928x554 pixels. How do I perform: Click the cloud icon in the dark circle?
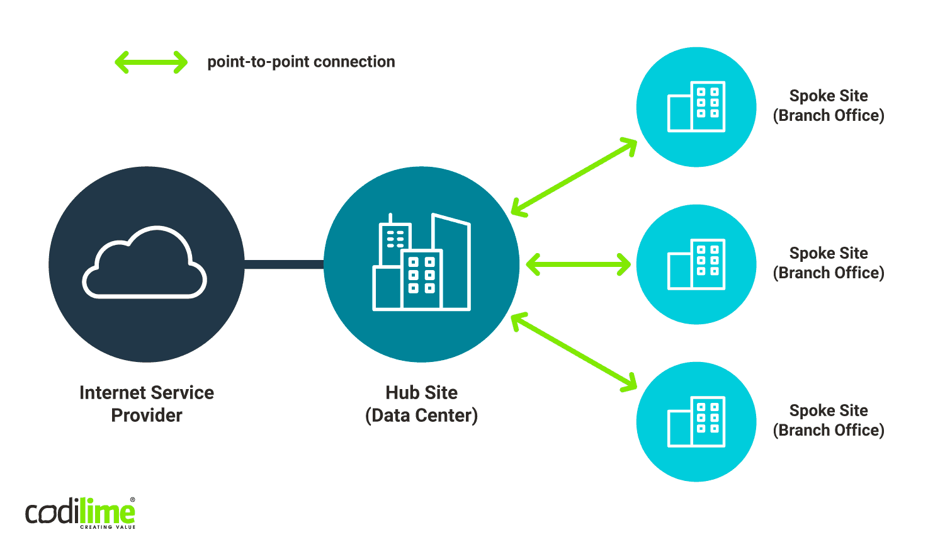145,263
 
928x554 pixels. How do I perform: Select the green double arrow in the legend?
151,62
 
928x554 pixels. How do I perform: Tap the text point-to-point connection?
301,62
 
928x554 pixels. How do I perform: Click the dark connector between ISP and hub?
284,264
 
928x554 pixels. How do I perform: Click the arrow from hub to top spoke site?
574,178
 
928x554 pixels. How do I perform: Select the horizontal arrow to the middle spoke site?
578,264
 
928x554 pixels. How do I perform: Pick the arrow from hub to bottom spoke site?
574,352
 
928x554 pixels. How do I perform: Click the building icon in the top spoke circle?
696,106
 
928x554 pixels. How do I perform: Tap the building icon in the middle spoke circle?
696,264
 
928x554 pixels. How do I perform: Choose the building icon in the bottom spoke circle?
696,422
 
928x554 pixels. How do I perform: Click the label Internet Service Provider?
147,404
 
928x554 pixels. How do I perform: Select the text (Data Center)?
421,415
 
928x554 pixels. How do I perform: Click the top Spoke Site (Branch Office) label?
829,106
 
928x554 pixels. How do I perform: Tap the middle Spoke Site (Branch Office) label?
829,263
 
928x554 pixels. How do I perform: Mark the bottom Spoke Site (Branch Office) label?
829,421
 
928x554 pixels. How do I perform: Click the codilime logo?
80,512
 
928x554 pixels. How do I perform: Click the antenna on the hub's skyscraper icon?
390,218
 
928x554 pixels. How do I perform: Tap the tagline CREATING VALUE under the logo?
108,527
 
